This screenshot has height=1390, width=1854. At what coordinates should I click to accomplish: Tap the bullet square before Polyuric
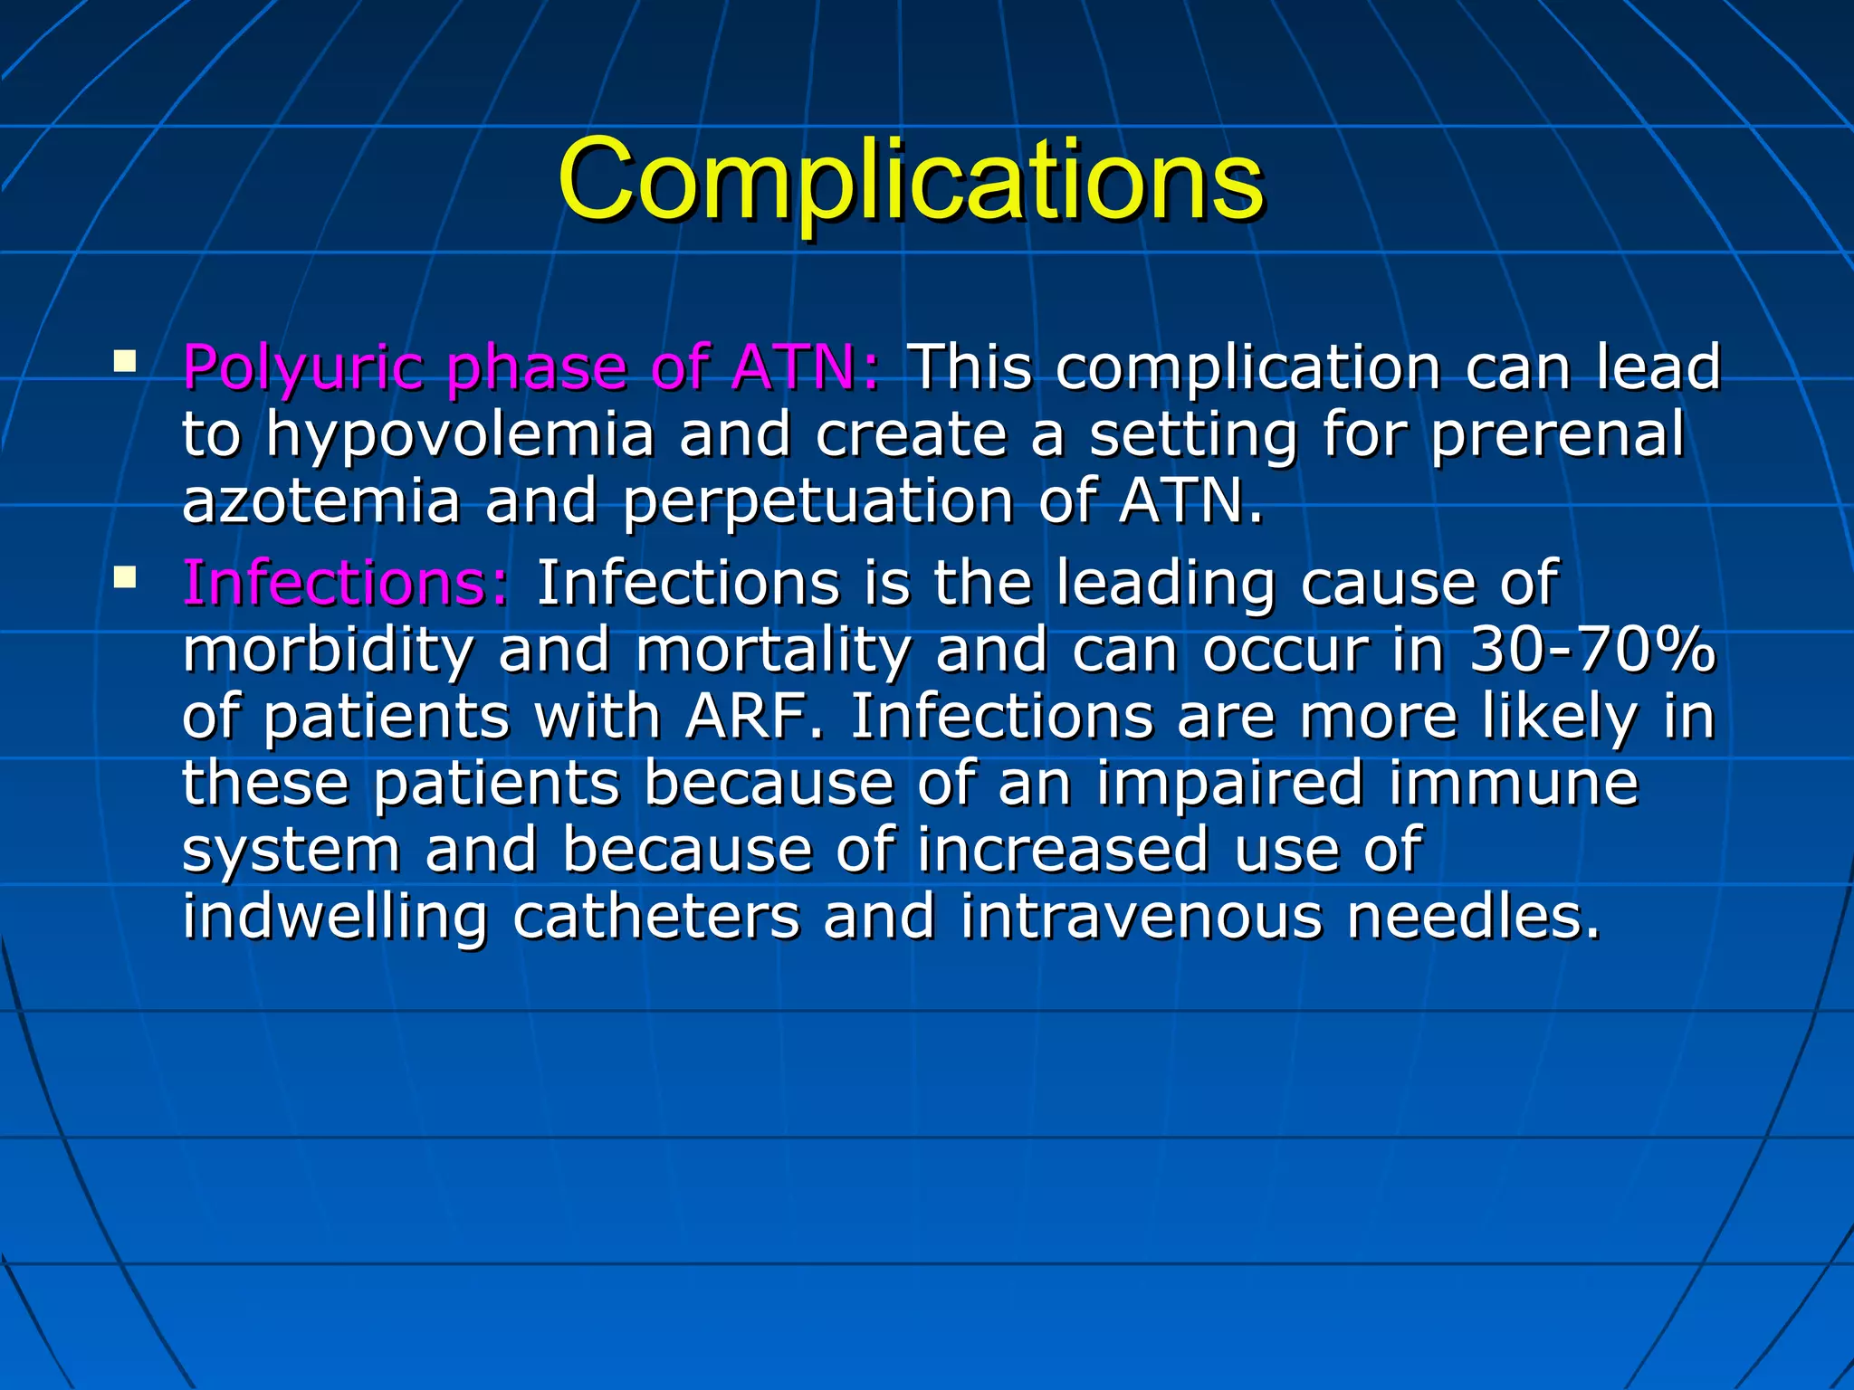coord(125,364)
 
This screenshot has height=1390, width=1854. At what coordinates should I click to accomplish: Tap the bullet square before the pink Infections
coord(125,577)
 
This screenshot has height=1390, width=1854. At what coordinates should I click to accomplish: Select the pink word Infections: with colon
coord(346,583)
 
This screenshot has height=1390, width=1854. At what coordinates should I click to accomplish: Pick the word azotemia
coord(321,501)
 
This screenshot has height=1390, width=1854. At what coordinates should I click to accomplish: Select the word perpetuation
coord(817,503)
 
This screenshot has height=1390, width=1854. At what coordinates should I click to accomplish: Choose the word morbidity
coord(328,650)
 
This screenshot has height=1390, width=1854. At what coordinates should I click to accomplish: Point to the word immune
coord(1513,784)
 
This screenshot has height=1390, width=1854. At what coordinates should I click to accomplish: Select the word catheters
coord(655,916)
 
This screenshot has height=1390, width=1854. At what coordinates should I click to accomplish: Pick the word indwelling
coord(335,918)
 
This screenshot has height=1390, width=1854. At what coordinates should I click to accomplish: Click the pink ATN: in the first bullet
coord(806,369)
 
